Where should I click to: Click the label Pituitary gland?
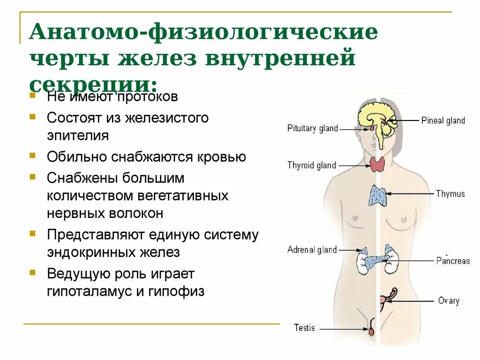(312, 128)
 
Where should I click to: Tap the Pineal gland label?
(442, 120)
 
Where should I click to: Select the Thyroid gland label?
(312, 165)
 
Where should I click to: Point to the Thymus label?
(450, 194)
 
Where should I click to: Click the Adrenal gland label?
(312, 250)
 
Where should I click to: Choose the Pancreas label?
(452, 261)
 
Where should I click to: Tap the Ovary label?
(448, 300)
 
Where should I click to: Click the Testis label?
(304, 328)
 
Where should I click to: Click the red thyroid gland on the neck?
(377, 164)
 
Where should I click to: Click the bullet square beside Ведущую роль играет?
(32, 271)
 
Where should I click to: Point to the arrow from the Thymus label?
(408, 194)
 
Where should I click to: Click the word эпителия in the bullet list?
(78, 135)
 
